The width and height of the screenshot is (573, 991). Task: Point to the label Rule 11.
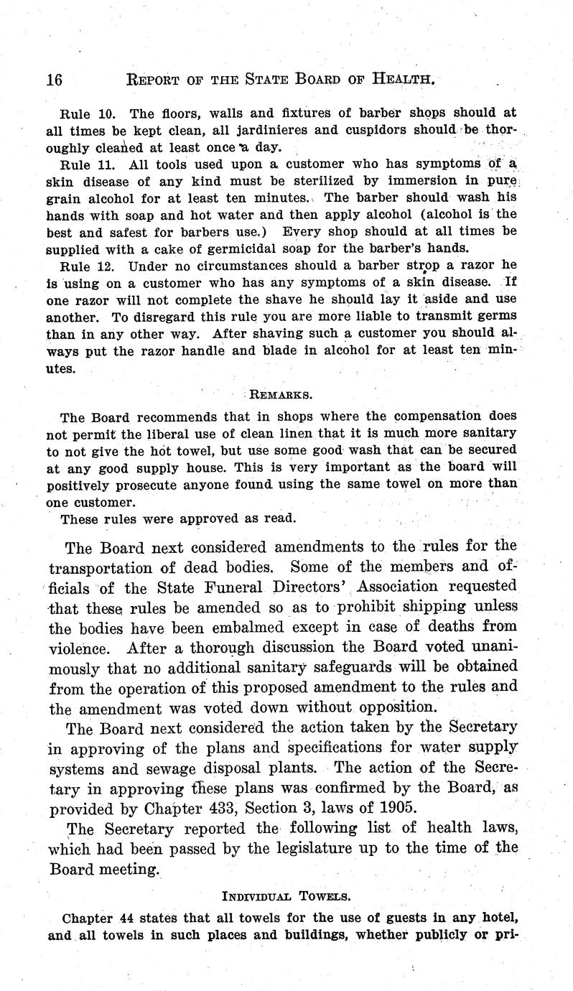(x=87, y=164)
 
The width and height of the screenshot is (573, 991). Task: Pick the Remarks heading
(x=281, y=394)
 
